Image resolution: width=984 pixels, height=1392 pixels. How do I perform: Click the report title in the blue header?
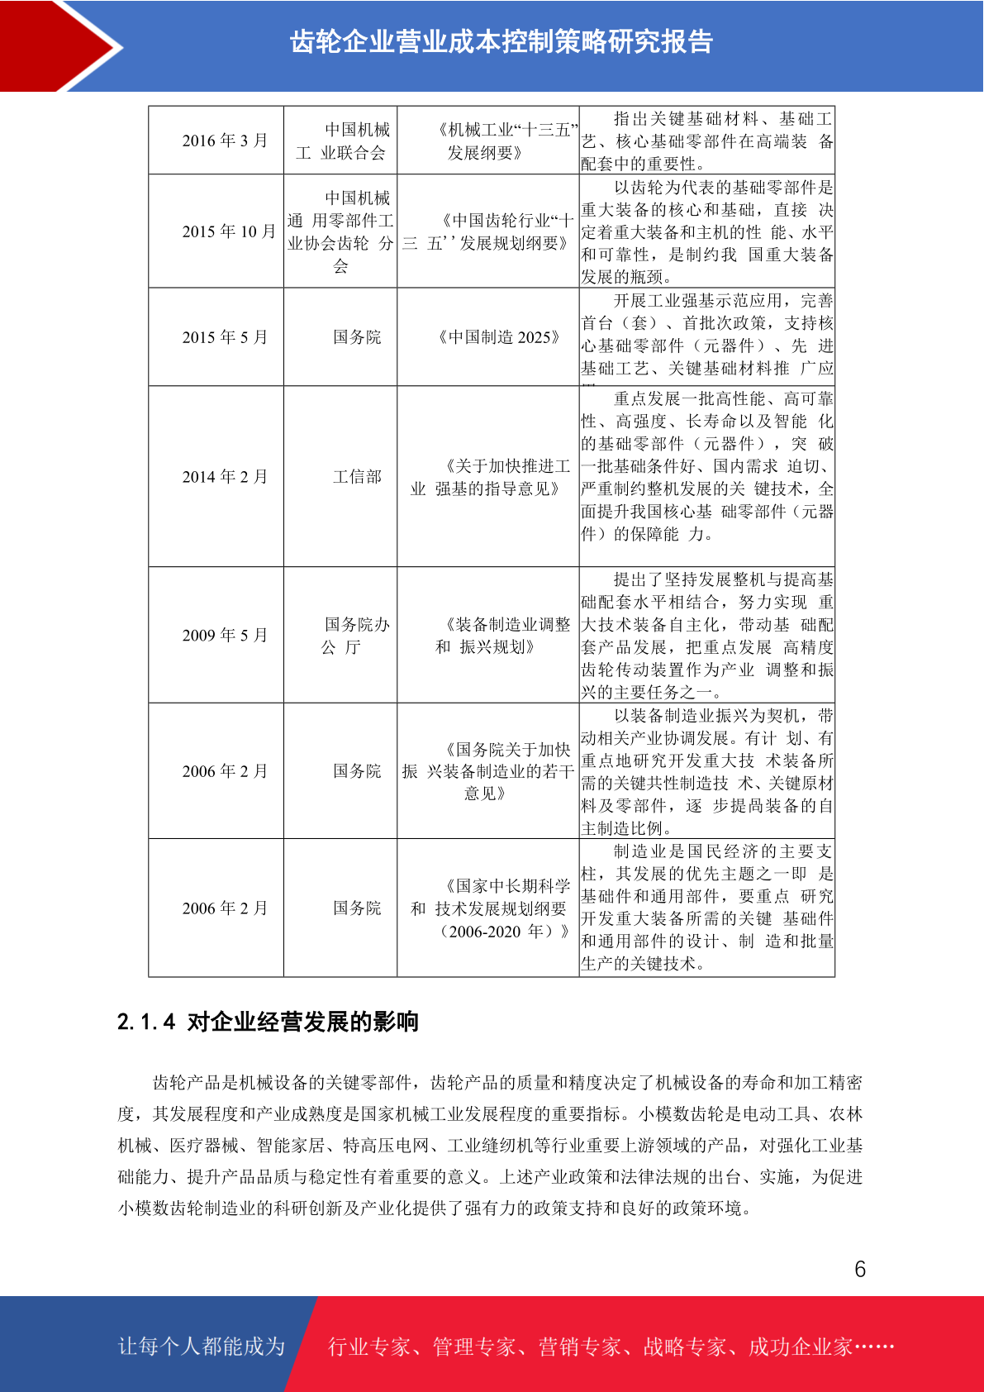(501, 42)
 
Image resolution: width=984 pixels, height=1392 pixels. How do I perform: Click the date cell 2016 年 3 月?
(225, 141)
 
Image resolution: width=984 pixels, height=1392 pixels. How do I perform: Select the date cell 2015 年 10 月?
(228, 231)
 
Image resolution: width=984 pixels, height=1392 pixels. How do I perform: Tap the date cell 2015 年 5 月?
(225, 337)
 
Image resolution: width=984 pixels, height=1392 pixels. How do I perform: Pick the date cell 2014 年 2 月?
(225, 477)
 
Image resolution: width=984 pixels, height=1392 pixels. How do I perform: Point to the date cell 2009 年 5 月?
(225, 635)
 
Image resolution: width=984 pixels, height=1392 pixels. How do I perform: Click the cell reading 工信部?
(357, 477)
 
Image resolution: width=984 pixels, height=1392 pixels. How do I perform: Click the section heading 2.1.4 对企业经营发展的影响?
(268, 1023)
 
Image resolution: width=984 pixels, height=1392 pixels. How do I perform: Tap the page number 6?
(860, 1269)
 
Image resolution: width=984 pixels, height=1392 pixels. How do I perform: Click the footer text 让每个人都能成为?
(202, 1347)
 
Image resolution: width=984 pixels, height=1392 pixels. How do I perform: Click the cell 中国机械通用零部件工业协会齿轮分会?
(340, 232)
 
